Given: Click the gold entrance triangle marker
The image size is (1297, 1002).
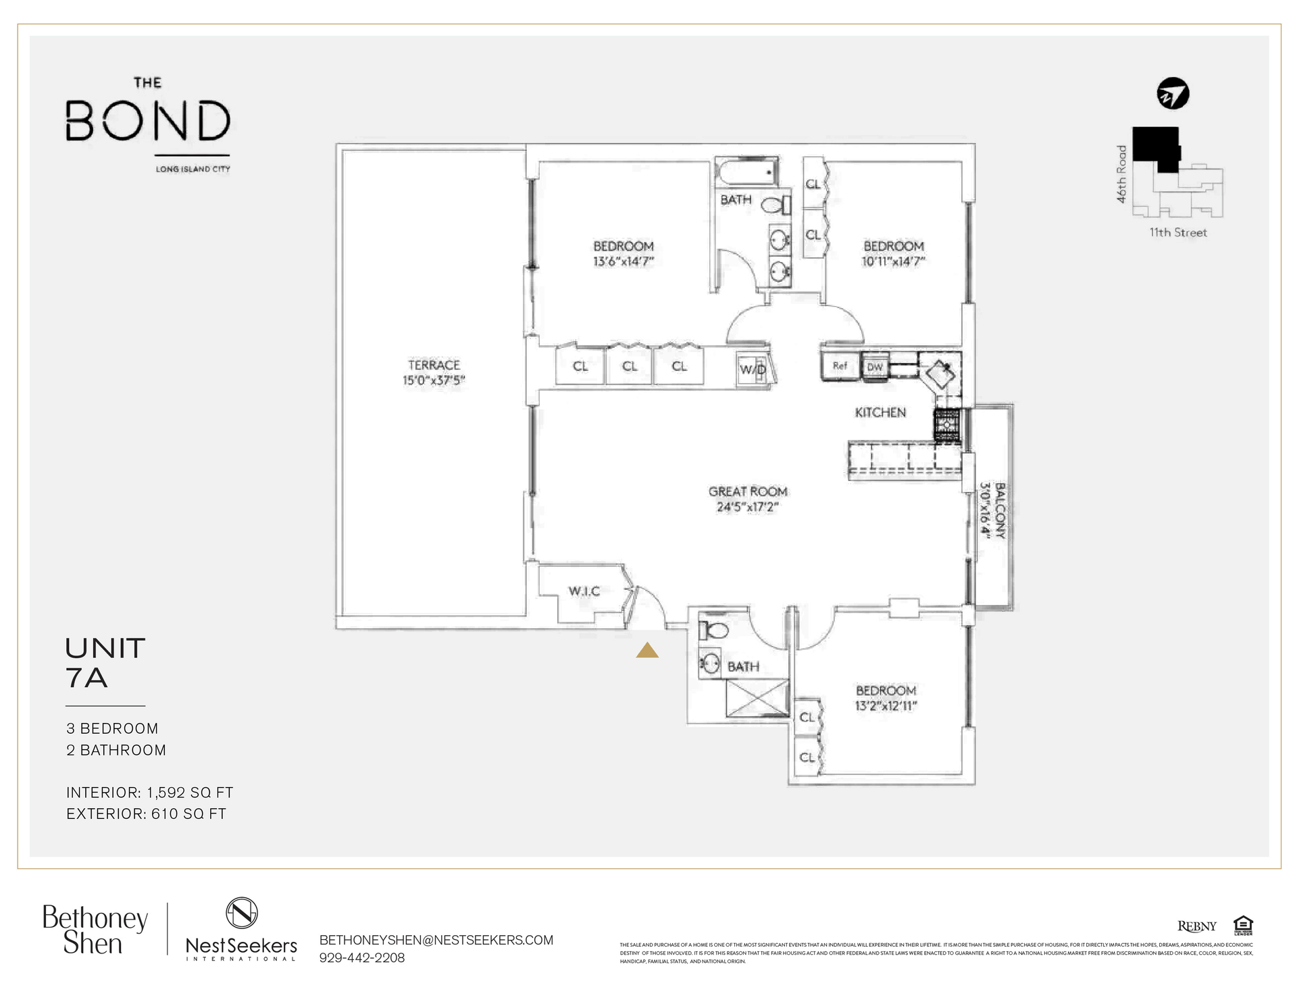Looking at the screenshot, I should point(647,650).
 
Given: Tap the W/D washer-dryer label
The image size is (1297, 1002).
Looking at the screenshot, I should point(753,369).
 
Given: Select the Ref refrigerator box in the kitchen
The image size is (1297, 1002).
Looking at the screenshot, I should point(840,366).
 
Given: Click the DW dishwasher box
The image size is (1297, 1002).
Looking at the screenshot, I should point(875,367).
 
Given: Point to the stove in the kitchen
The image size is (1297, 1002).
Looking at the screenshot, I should point(947,426).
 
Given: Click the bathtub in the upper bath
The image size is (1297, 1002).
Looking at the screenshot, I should point(748,172).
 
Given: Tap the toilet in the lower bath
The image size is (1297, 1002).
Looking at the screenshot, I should point(714,630).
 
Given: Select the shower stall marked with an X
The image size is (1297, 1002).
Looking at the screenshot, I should point(757,698).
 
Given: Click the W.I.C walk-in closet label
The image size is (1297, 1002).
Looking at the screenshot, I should point(584,591).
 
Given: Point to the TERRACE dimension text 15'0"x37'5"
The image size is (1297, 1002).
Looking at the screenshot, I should point(434,380).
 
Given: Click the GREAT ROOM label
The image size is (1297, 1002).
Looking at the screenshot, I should point(748,492).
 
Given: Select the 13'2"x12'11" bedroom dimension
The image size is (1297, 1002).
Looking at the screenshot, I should point(886,706).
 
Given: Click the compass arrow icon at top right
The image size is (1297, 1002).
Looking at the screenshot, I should point(1173,94).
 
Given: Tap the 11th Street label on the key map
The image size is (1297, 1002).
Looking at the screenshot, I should point(1178,232).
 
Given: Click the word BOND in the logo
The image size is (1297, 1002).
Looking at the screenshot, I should point(148,121).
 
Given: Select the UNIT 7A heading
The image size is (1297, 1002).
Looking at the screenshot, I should point(105,663).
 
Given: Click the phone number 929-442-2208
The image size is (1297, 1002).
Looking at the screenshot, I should point(362,957).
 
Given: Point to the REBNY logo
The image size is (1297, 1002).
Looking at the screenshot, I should point(1196,926).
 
